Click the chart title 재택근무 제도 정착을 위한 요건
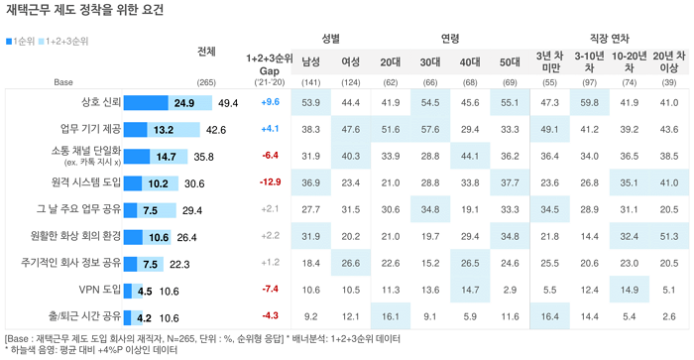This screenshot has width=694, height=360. (84, 10)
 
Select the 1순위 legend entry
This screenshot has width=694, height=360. (21, 42)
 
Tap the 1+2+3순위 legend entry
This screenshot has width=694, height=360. (63, 42)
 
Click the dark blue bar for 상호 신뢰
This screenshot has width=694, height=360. (146, 103)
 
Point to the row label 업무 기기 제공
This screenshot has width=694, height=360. (90, 129)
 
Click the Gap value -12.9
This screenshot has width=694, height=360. (270, 182)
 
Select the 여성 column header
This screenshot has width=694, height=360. (351, 62)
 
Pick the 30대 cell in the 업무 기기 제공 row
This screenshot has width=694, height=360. (430, 129)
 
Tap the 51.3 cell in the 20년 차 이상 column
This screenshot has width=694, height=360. (669, 236)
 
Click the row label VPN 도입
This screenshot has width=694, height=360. (99, 290)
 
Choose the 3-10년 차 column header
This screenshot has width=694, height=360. (589, 62)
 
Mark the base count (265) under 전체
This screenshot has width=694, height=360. (206, 82)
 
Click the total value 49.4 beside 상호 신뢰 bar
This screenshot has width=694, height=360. (228, 103)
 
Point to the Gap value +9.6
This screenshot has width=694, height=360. (270, 102)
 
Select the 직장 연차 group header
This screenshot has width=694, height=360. (610, 39)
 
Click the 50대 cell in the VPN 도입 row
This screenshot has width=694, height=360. (510, 290)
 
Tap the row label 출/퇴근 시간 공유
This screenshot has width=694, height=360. (84, 316)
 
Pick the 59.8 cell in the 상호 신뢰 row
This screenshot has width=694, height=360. (589, 103)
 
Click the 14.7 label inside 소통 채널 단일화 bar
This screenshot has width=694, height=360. (166, 157)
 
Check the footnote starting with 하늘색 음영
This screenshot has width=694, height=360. (91, 350)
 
